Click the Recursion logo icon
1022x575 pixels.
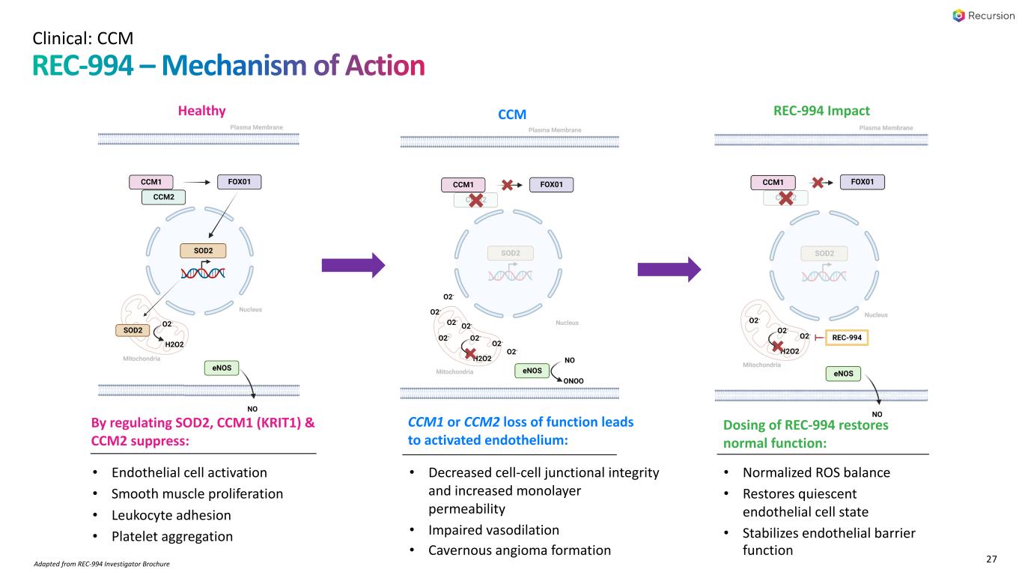point(958,16)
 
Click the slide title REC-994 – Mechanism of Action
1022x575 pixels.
point(228,66)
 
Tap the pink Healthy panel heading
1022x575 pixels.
point(201,111)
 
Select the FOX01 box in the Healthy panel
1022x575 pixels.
point(240,181)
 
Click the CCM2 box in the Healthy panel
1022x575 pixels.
point(164,197)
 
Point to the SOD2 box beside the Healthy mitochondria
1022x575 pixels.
point(133,329)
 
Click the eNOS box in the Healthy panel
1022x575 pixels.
point(221,368)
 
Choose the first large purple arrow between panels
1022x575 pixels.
point(353,264)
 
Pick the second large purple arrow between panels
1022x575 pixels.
point(669,269)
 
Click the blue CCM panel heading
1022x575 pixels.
point(512,115)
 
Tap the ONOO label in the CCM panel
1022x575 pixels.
point(573,380)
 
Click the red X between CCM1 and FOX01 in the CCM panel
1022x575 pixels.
point(507,184)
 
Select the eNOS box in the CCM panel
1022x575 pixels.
point(532,371)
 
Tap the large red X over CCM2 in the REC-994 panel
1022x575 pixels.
point(785,198)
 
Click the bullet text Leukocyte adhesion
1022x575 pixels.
point(171,515)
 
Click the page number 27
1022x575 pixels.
point(992,559)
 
